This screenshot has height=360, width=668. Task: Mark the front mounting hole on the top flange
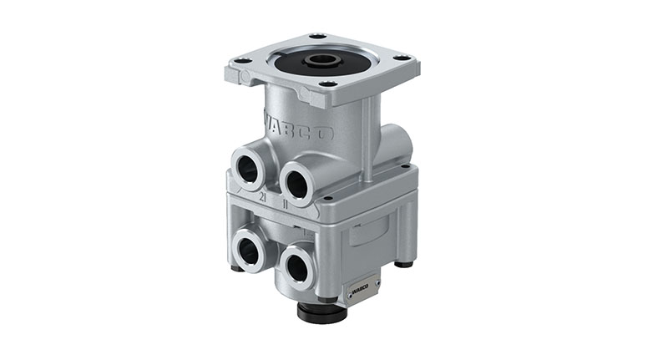coord(327,84)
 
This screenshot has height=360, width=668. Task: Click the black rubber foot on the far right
coord(405,264)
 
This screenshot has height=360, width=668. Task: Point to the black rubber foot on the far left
coord(237,267)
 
